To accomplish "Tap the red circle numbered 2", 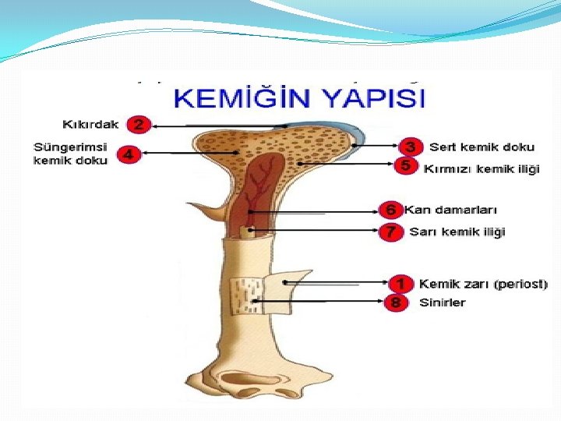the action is pos(139,125).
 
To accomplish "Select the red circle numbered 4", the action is pos(129,154).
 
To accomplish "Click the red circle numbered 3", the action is pos(410,147).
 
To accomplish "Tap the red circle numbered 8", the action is pos(397,302).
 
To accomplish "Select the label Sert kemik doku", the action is pos(482,147).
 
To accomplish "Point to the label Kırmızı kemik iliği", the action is pos(481,168).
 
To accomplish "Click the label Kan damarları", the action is pos(450,210).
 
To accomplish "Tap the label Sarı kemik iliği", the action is pos(457,232).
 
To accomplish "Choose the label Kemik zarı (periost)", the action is pos(483,284).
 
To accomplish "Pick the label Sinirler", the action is pos(442,302).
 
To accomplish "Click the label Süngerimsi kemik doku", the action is pos(70,154).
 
